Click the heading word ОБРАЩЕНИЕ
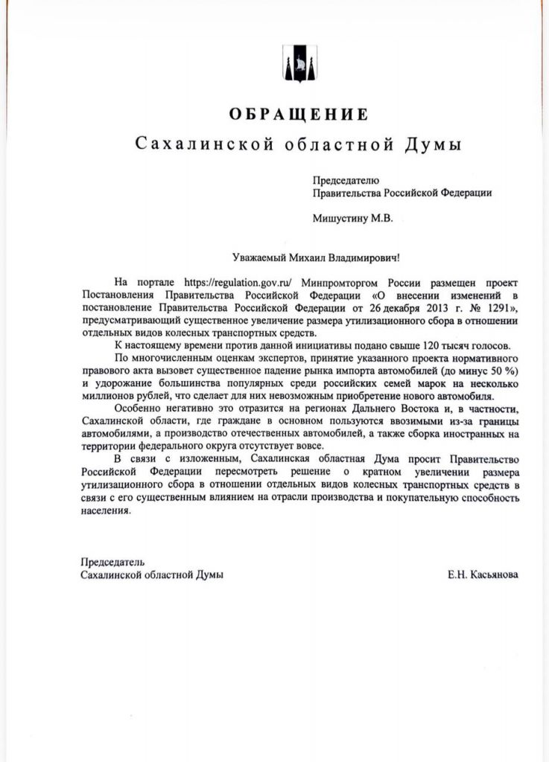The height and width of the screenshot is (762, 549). pos(298,115)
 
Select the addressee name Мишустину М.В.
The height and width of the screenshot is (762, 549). pos(351,218)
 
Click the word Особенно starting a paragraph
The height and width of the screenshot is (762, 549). pos(139,411)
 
